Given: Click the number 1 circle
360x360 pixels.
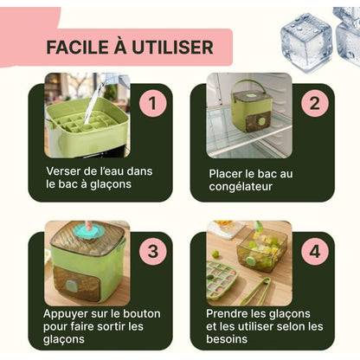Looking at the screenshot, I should [x=152, y=104].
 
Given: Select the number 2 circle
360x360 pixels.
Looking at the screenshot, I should [x=313, y=104].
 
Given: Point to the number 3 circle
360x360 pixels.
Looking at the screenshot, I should [x=152, y=252].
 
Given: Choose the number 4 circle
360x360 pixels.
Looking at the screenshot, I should [x=313, y=252].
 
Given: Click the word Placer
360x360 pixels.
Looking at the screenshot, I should [x=228, y=172].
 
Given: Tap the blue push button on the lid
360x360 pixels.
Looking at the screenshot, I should [x=85, y=232].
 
